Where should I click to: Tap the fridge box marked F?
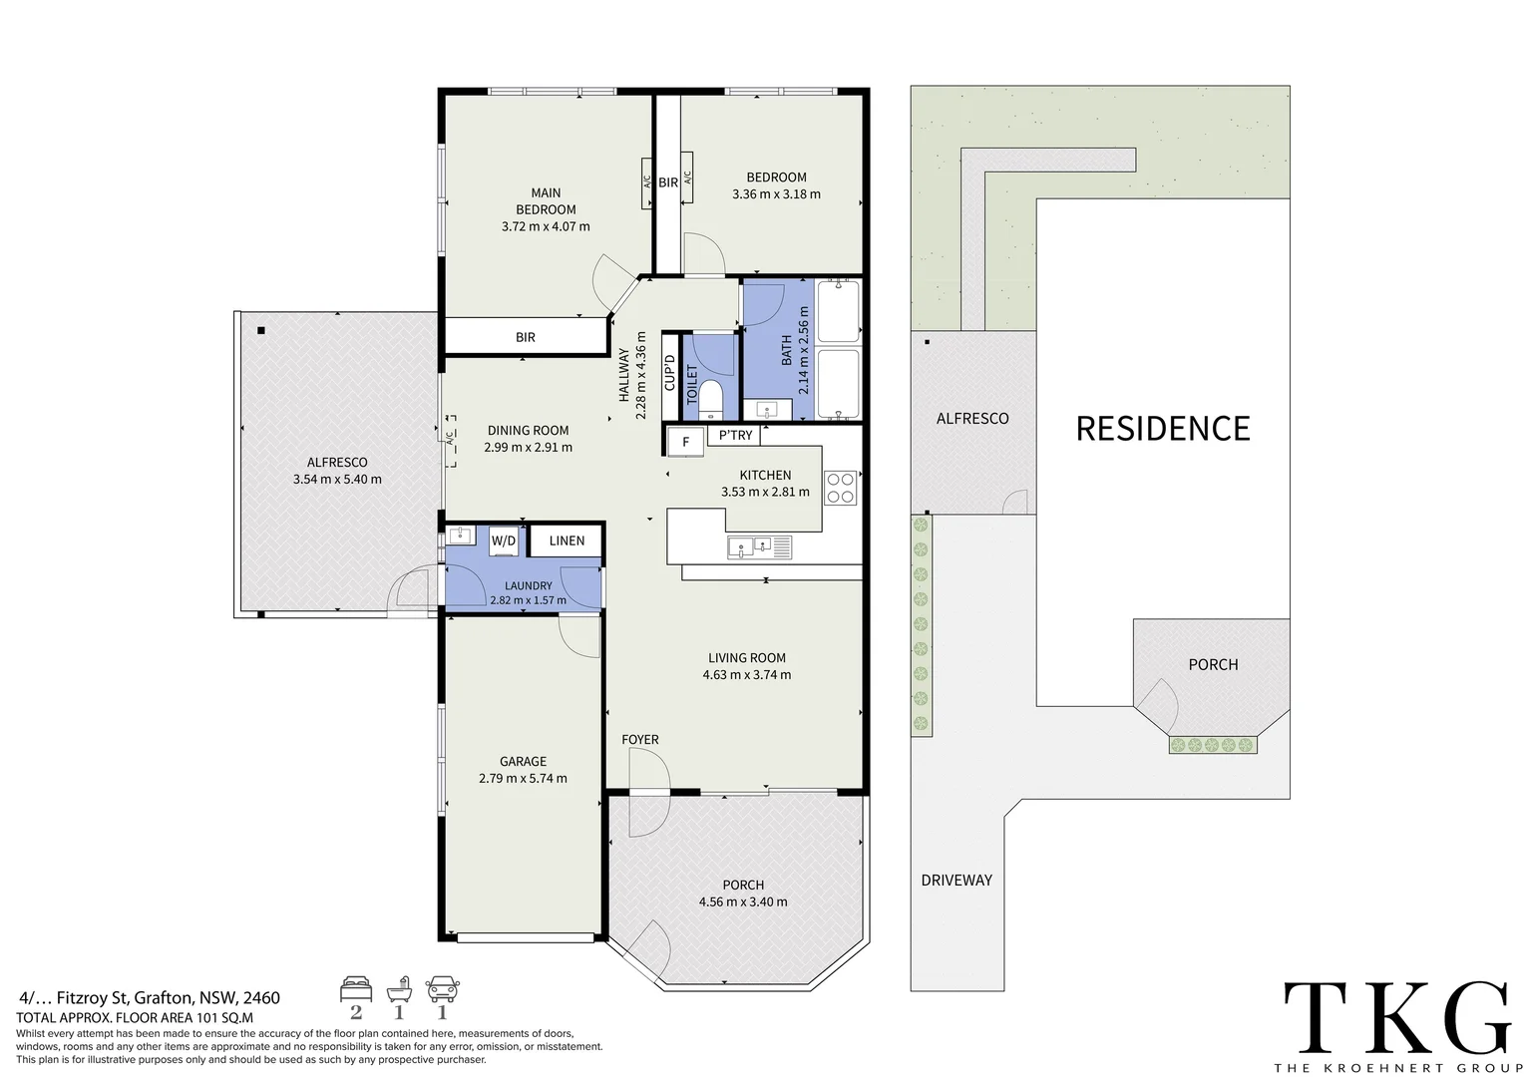(685, 442)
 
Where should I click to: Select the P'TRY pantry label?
(735, 435)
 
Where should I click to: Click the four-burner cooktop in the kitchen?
(840, 489)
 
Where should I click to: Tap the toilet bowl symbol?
(711, 399)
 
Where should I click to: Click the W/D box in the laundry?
(504, 540)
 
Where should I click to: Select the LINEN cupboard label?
(567, 540)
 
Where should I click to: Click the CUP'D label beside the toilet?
(670, 373)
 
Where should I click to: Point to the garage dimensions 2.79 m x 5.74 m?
(523, 778)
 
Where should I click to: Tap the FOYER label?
(639, 740)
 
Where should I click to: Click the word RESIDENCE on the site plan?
(1163, 429)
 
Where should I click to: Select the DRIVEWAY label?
(956, 881)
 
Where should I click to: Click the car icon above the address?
(442, 990)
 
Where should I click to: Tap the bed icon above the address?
(356, 990)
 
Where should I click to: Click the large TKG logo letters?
(1398, 1016)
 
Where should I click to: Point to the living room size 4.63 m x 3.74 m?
(747, 675)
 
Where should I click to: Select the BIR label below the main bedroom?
(526, 337)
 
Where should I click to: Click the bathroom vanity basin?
(767, 410)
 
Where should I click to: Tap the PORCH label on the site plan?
(1213, 665)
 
